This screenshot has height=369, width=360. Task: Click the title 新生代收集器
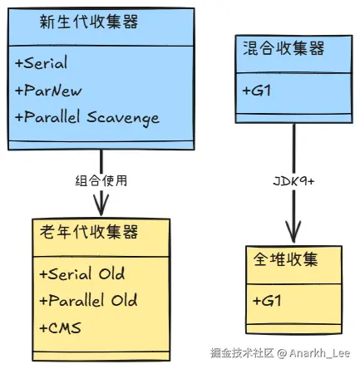[89, 22]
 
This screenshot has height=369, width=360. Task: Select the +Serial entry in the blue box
[42, 62]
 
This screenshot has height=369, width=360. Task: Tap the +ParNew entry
[48, 90]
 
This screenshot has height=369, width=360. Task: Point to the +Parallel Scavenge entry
[87, 118]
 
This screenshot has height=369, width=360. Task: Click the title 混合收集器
[284, 48]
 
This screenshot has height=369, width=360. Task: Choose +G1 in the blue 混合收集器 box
[257, 90]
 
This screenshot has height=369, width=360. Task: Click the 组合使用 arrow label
[101, 181]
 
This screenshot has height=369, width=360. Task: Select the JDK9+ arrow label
[293, 181]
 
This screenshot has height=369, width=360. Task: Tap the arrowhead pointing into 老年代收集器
[101, 206]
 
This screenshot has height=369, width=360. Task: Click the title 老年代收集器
[89, 232]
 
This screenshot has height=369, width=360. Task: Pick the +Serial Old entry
[82, 273]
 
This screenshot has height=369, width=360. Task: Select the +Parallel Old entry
[88, 300]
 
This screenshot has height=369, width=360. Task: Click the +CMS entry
[60, 327]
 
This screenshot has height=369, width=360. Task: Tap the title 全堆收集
[285, 259]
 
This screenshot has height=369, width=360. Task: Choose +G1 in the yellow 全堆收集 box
[267, 301]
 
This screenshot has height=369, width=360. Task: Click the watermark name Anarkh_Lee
[319, 353]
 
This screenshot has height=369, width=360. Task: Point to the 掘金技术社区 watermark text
[242, 353]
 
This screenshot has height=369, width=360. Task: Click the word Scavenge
[123, 118]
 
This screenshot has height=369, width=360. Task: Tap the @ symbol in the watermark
[282, 353]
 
